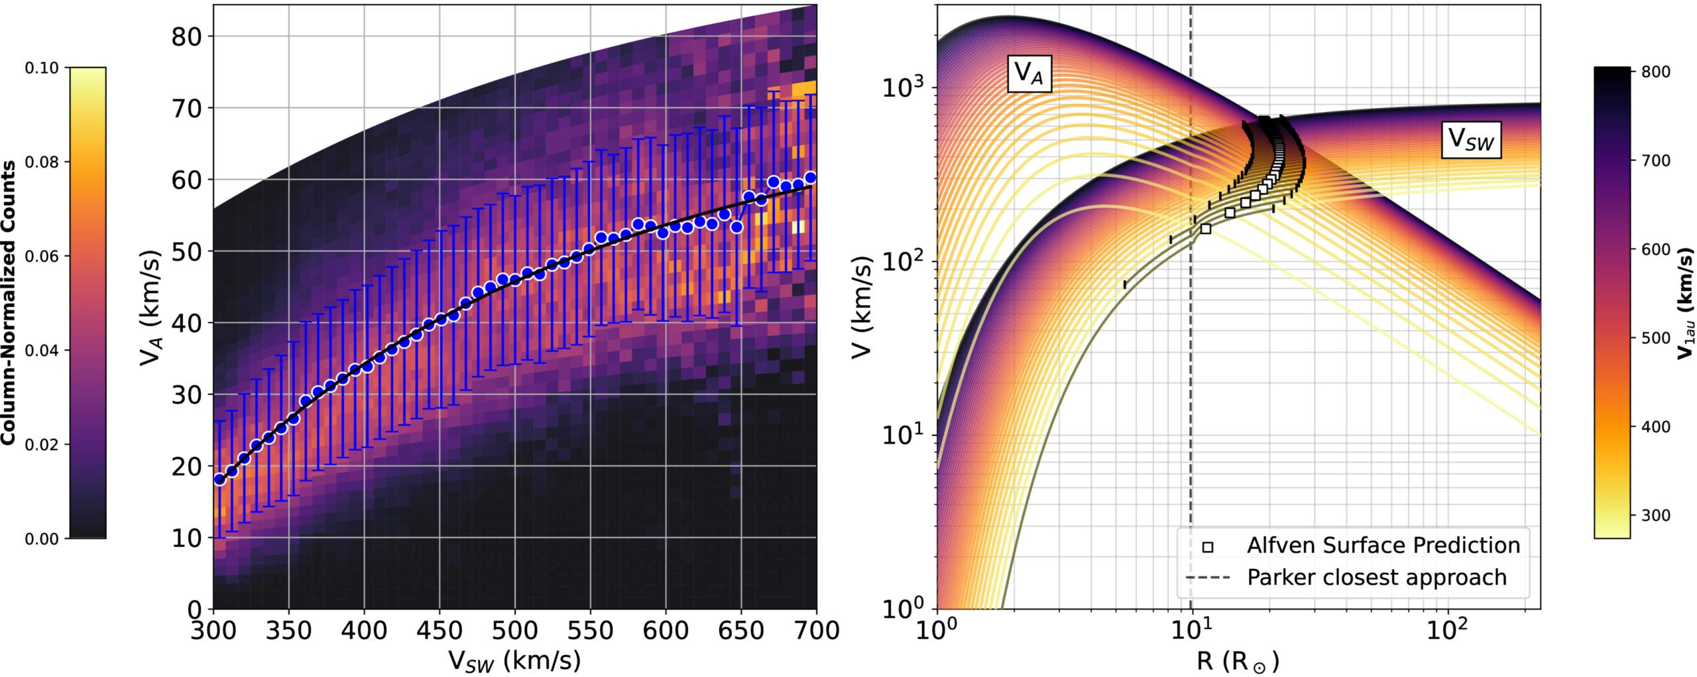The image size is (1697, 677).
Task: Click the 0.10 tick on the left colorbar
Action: pyautogui.click(x=42, y=68)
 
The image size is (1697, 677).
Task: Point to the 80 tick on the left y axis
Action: pyautogui.click(x=187, y=36)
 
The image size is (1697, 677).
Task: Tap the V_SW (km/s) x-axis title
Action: pyautogui.click(x=514, y=660)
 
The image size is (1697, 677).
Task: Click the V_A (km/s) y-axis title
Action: pyautogui.click(x=151, y=308)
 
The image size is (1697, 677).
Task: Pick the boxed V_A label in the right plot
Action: pyautogui.click(x=1029, y=73)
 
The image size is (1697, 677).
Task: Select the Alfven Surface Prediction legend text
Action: pyautogui.click(x=1383, y=546)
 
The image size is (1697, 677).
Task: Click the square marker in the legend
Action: pyautogui.click(x=1208, y=547)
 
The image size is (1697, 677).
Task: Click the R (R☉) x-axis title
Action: pyautogui.click(x=1238, y=660)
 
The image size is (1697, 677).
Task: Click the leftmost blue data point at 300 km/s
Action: pyautogui.click(x=219, y=479)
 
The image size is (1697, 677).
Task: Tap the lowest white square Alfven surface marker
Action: pyautogui.click(x=1206, y=229)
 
